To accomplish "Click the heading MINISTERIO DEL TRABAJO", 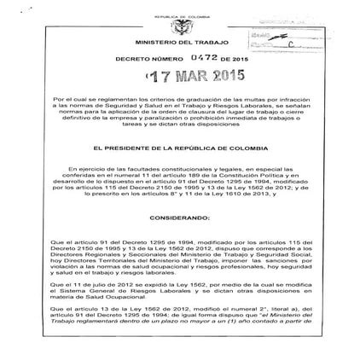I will pos(180,45).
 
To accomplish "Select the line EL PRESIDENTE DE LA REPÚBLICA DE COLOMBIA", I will pos(180,154).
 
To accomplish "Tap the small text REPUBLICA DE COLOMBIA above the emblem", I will pos(180,15).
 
